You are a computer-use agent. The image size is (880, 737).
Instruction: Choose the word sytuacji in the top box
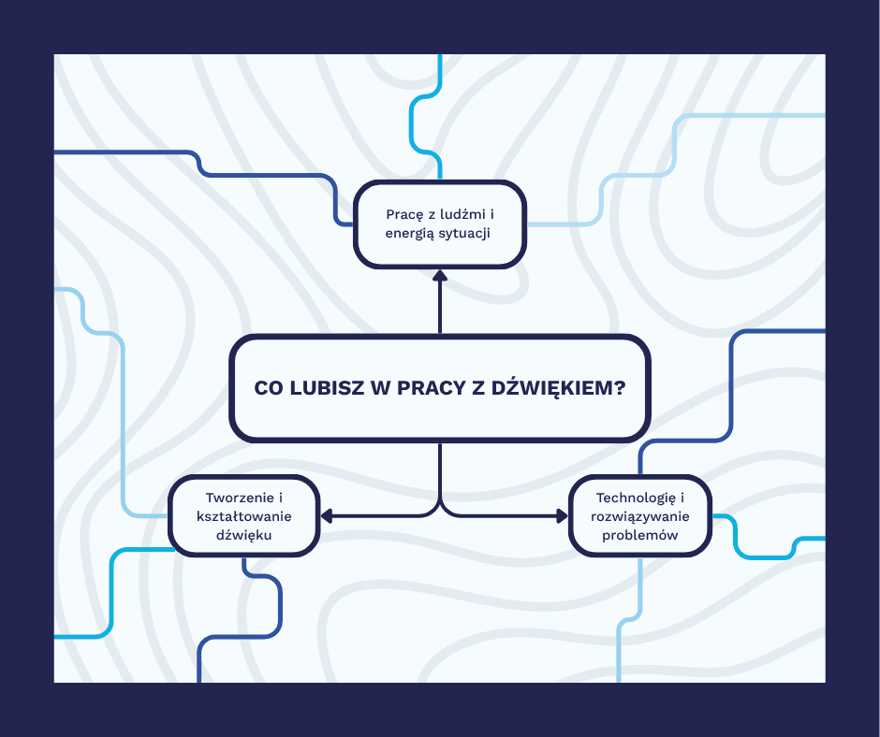pos(465,232)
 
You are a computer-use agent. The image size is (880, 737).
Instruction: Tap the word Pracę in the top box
pos(404,214)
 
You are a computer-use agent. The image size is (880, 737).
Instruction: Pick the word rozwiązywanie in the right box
pos(640,516)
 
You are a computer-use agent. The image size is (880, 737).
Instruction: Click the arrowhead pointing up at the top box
pos(440,276)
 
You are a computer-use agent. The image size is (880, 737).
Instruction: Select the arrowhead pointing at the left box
pos(327,515)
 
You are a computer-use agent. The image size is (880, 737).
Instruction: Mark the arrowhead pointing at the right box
pos(562,515)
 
